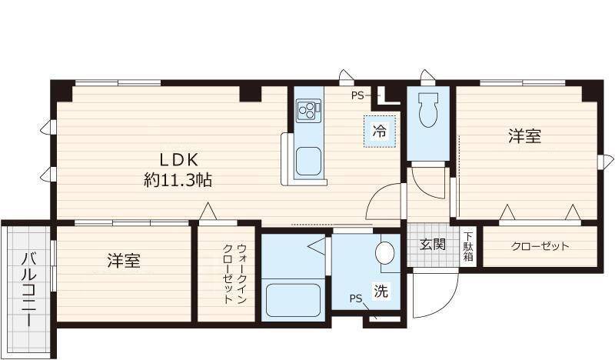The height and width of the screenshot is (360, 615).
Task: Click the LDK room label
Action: [x=178, y=160]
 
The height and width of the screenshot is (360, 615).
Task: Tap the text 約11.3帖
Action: [x=178, y=180]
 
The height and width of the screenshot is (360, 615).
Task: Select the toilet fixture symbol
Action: [x=428, y=109]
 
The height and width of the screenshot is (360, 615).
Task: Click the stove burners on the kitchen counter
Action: [x=308, y=109]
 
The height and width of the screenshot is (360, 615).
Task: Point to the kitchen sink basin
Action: [x=308, y=161]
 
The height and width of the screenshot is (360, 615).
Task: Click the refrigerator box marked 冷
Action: [x=379, y=131]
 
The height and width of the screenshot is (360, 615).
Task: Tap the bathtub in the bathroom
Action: [x=293, y=300]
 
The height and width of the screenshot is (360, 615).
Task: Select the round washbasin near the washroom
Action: [x=384, y=253]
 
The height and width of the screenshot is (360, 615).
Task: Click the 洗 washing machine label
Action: [x=381, y=291]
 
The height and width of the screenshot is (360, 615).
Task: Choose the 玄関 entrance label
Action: [x=433, y=244]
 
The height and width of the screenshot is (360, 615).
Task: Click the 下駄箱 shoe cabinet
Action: [x=468, y=247]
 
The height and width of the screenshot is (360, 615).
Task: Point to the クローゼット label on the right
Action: [x=540, y=246]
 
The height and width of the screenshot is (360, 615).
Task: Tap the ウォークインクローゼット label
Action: [x=234, y=274]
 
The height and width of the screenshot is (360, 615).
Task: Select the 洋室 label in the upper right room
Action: [x=525, y=136]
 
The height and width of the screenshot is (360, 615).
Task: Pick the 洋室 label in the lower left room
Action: [x=124, y=261]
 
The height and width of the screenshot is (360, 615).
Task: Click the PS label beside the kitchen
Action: [x=357, y=95]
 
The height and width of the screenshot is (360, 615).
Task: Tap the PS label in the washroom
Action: [x=356, y=298]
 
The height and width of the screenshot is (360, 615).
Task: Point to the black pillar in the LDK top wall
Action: [x=251, y=93]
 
